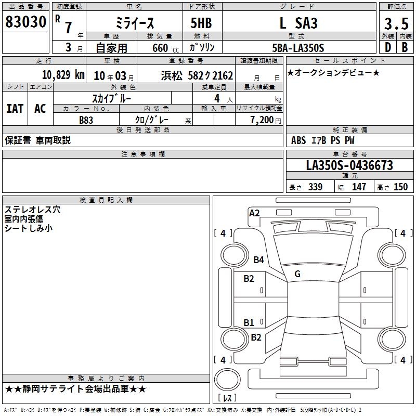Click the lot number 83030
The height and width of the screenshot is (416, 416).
point(25,22)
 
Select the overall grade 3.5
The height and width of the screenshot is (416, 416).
point(396,23)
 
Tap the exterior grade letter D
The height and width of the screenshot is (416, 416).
point(388,47)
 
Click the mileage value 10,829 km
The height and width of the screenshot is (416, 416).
point(63,75)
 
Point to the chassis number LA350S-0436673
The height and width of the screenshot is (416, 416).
point(349,165)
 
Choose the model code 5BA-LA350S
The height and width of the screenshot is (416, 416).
point(298,48)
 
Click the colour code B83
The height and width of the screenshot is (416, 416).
point(86,120)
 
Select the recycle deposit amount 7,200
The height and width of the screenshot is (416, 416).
point(262,120)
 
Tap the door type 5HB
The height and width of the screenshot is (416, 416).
point(201,23)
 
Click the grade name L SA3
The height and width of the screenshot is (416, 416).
point(298,23)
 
